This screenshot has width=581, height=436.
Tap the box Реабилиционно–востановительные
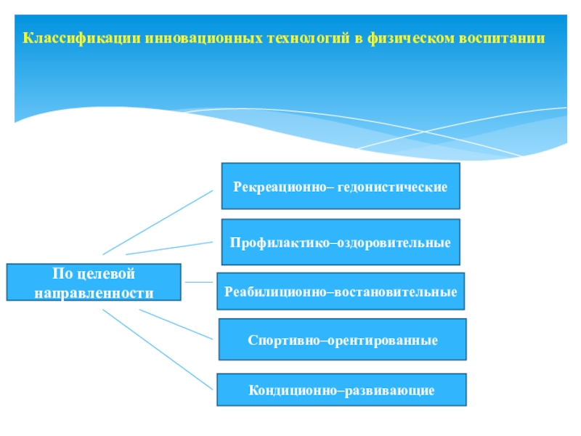[x=341, y=291]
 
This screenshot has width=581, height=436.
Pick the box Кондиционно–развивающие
[x=341, y=391]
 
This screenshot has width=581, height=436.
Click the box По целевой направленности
[x=94, y=283]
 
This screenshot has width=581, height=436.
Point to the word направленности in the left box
[x=94, y=292]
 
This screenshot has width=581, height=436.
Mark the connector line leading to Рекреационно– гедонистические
[x=158, y=222]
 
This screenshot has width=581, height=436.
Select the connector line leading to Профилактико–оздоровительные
[x=169, y=247]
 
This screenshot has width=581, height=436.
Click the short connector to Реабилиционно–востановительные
[x=198, y=282]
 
